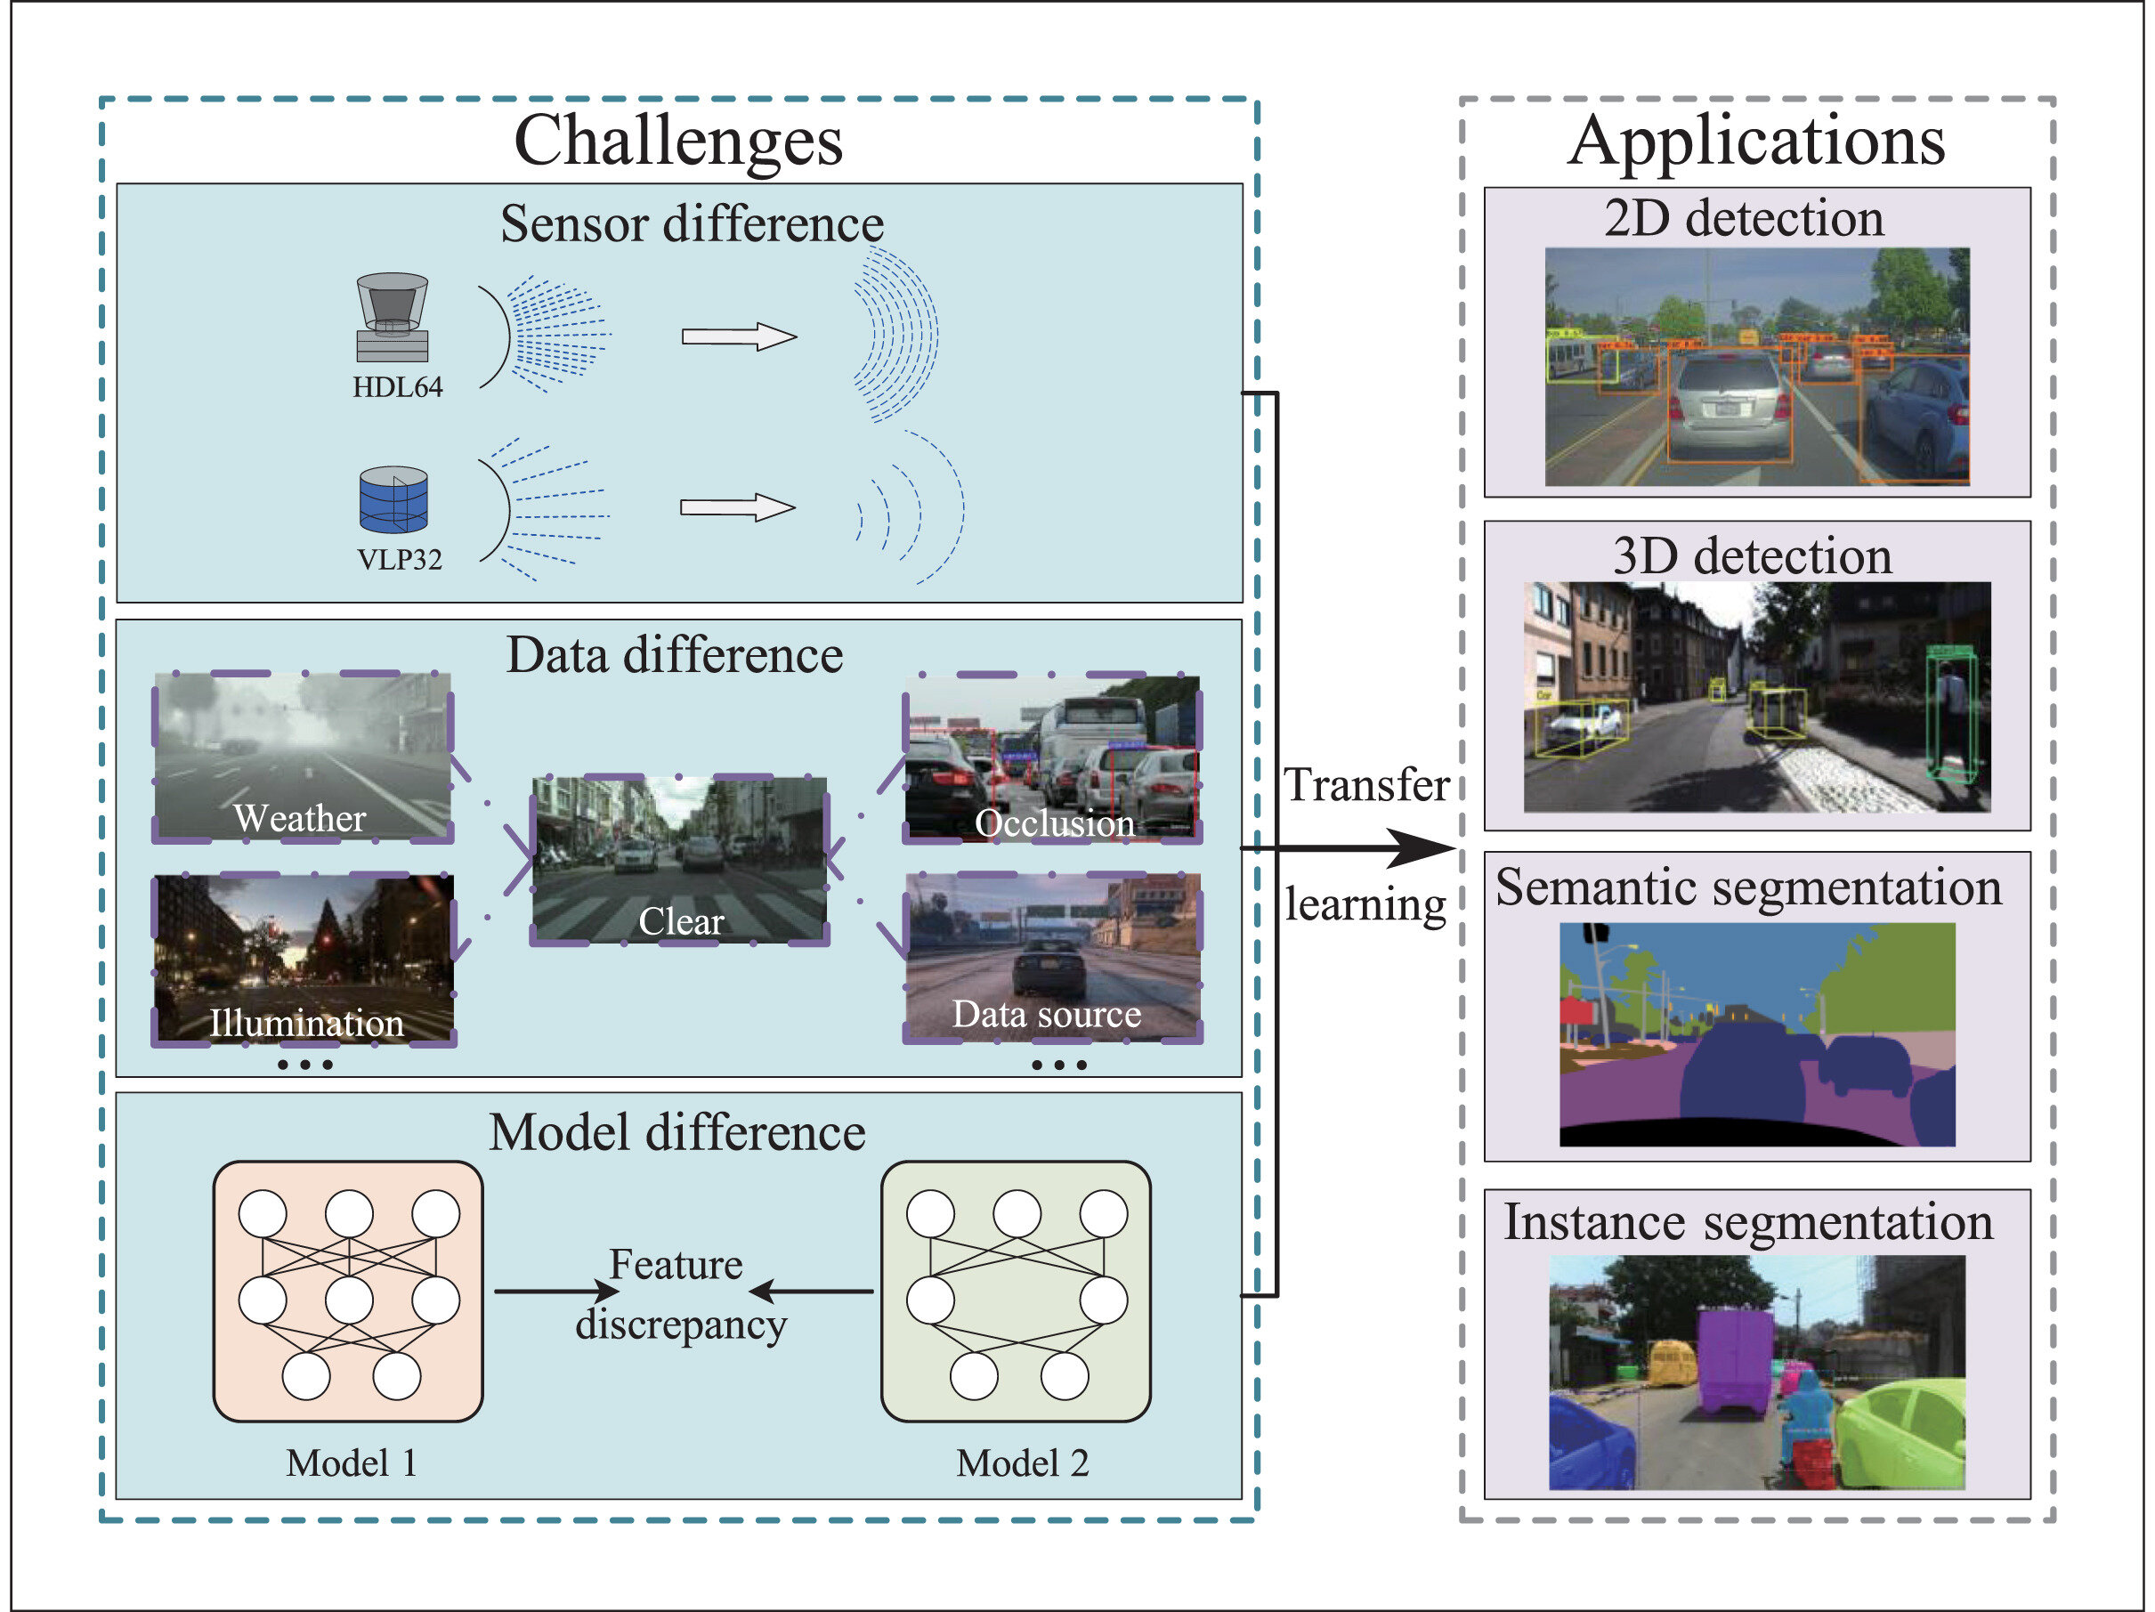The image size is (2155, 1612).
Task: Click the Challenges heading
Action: pyautogui.click(x=678, y=142)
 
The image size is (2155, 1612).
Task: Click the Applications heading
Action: pyautogui.click(x=1756, y=142)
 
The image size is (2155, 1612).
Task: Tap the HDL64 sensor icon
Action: pyautogui.click(x=393, y=318)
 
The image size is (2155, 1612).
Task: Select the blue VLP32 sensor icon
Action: pyautogui.click(x=393, y=499)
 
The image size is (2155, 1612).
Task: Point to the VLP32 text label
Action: pyautogui.click(x=400, y=560)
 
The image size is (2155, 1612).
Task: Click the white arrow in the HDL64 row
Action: pyautogui.click(x=740, y=337)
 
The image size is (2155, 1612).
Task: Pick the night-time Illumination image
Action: pyautogui.click(x=304, y=960)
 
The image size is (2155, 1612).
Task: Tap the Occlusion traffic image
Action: pyautogui.click(x=1052, y=758)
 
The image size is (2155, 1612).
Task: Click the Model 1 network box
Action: pyautogui.click(x=348, y=1292)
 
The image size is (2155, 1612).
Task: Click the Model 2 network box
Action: pyautogui.click(x=1017, y=1292)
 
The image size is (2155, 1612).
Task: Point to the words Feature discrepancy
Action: pyautogui.click(x=679, y=1294)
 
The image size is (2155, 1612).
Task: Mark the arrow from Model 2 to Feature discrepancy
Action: pyautogui.click(x=811, y=1292)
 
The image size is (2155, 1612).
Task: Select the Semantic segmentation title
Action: pyautogui.click(x=1749, y=887)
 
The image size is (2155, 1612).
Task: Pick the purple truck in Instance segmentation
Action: pyautogui.click(x=1735, y=1361)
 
